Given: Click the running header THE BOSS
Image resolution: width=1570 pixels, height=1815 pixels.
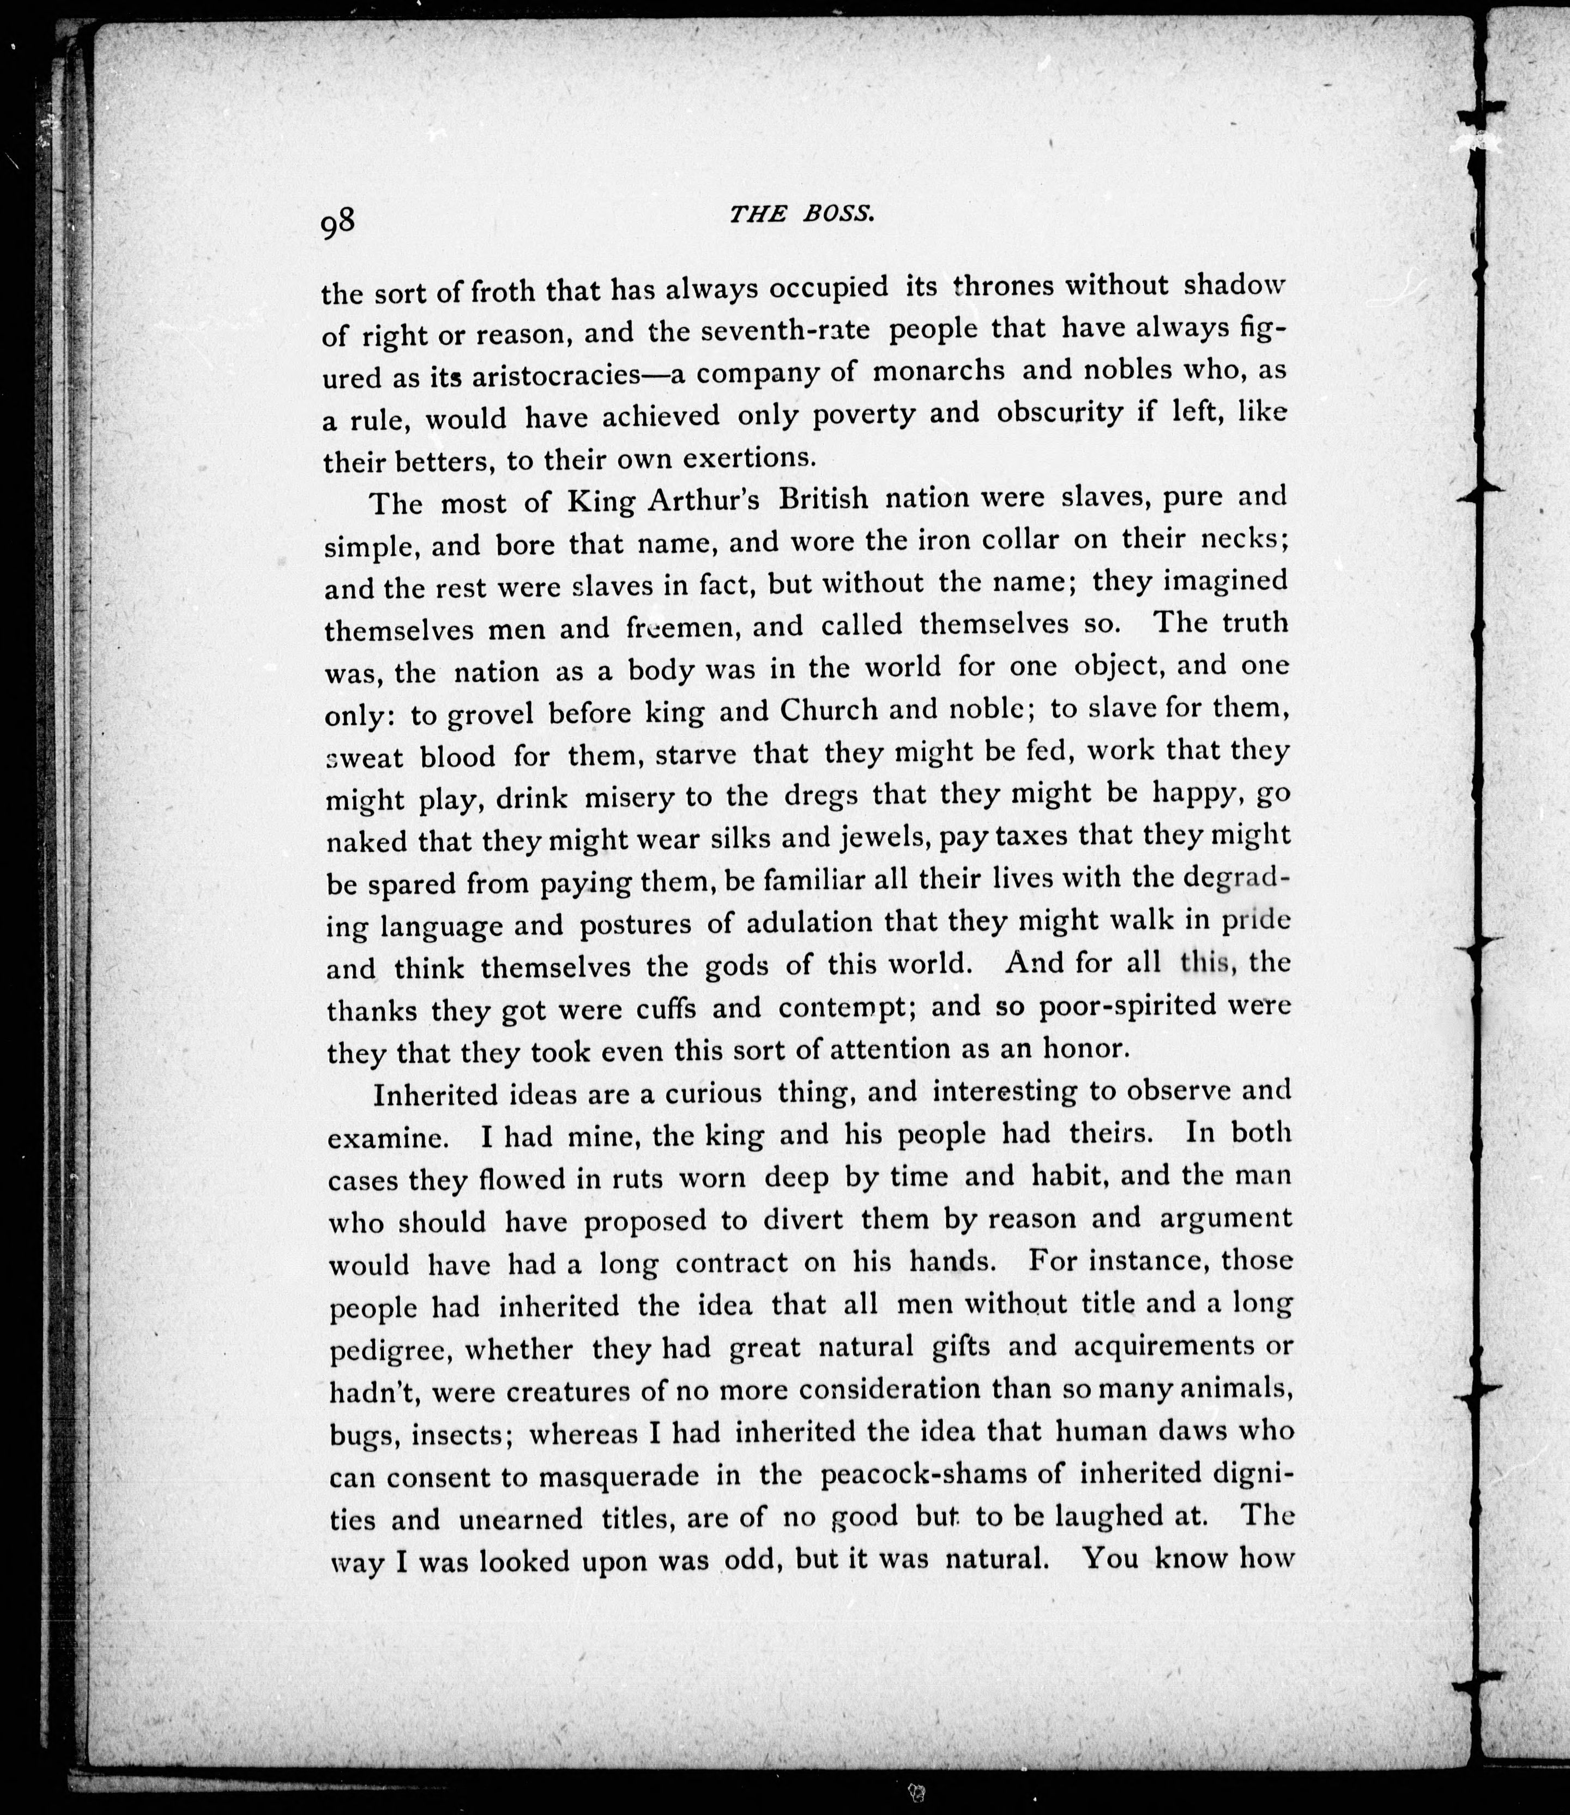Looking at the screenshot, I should click(802, 215).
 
